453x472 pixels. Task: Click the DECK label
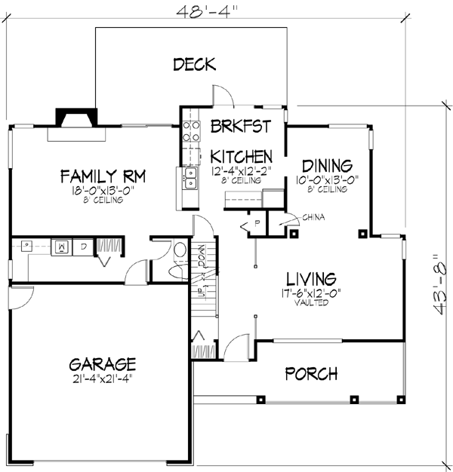pos(194,64)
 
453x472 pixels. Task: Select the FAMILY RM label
pos(103,177)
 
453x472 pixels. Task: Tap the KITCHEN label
pos(241,157)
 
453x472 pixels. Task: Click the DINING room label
pos(328,166)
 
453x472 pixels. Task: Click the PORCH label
pos(311,374)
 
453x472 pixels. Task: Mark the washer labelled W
pos(63,246)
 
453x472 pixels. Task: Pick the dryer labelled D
pos(82,246)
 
